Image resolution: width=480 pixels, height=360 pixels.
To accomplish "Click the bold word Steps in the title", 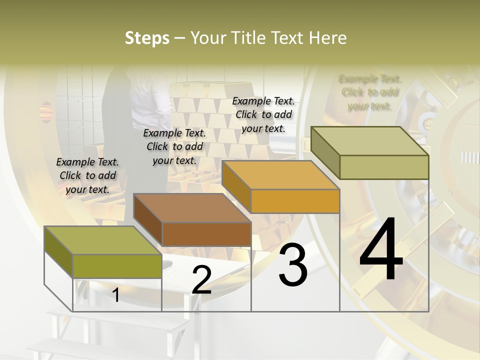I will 147,38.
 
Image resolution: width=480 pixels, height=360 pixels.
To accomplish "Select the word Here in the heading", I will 327,38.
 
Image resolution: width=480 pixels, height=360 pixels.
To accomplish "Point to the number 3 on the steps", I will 293,265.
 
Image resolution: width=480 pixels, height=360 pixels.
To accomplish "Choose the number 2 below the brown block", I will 201,280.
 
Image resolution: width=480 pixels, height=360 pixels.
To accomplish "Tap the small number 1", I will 116,295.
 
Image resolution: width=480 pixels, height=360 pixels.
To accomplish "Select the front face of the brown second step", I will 206,234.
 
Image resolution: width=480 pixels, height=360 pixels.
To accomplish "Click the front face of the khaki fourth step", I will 383,167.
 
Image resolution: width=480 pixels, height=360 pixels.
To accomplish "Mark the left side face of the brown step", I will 148,220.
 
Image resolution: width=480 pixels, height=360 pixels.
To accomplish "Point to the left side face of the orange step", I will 236,187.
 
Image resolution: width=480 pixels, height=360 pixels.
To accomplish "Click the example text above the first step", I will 87,175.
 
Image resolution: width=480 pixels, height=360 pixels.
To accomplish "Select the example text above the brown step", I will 174,146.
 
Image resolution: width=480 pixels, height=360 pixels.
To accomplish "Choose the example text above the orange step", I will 263,114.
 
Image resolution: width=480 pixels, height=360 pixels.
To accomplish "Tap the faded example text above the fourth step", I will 369,92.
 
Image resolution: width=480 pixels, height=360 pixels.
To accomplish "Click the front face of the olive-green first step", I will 117,266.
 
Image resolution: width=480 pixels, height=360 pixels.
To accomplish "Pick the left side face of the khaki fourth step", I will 325,152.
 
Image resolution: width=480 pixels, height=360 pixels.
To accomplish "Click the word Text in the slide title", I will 286,38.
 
